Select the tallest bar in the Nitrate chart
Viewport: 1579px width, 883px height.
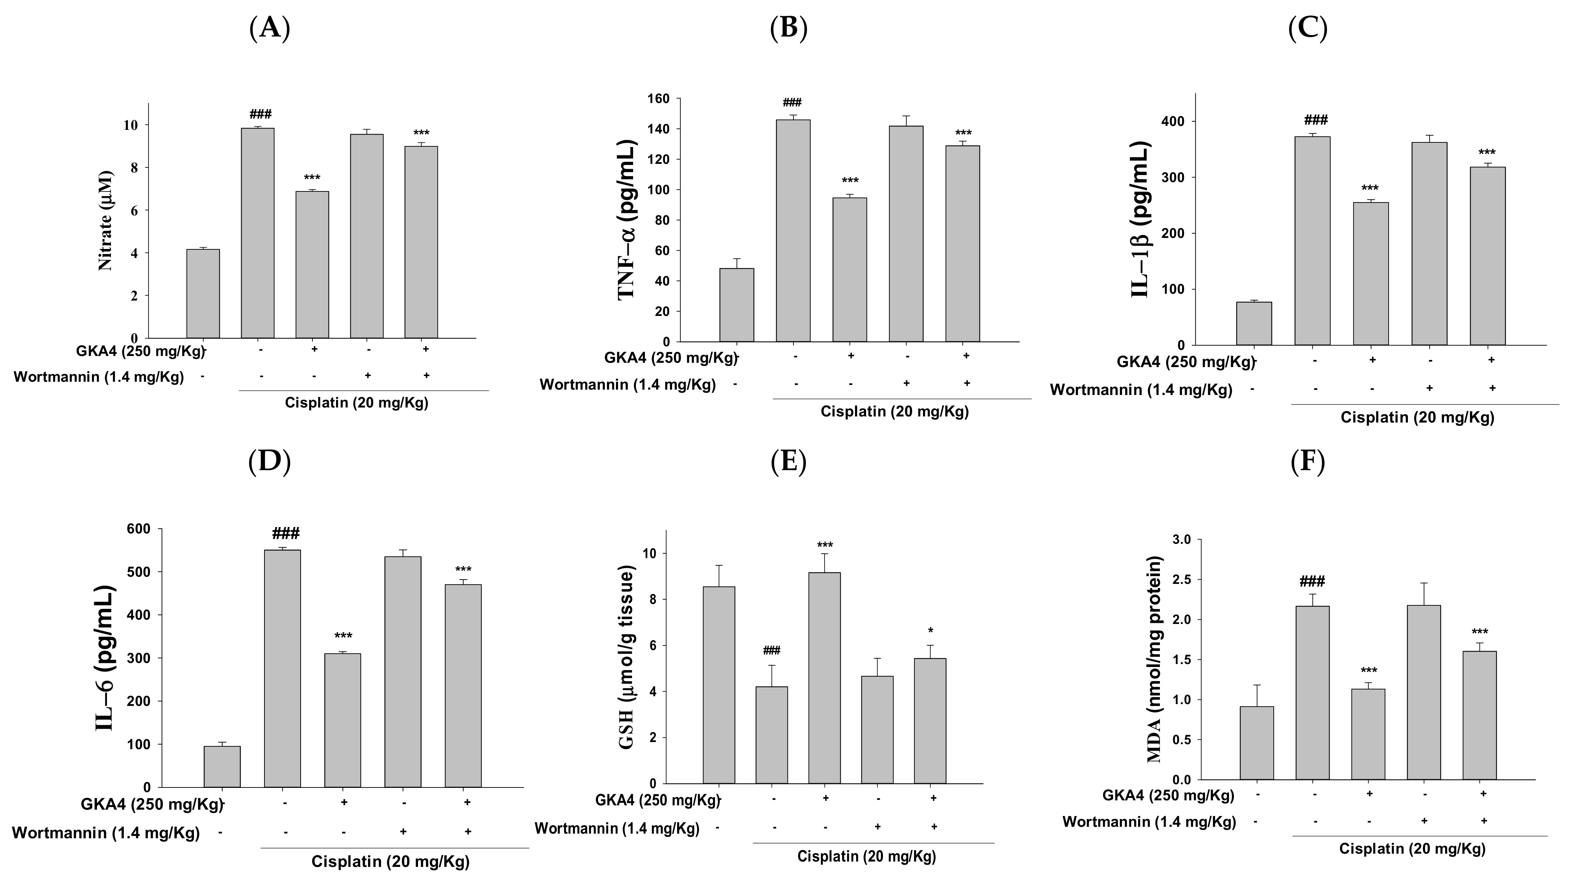pos(257,233)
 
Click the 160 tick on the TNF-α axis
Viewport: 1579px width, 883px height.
pos(662,99)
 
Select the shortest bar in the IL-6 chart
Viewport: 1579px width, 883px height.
pos(222,766)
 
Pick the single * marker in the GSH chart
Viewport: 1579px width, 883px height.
pos(931,630)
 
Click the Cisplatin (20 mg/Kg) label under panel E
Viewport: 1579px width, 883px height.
pos(866,856)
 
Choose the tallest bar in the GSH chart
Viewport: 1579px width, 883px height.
pos(825,678)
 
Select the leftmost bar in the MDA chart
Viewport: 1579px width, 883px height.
pos(1257,743)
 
